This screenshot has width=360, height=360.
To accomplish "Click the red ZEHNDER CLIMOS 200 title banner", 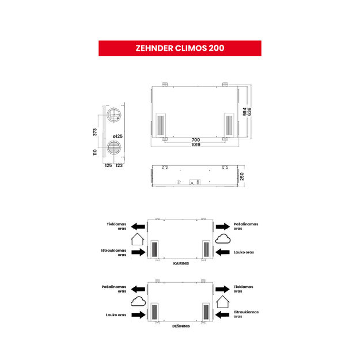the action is tap(180, 48).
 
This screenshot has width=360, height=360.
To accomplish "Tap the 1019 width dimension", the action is tap(196, 145).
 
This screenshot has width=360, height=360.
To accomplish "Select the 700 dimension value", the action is tap(196, 140).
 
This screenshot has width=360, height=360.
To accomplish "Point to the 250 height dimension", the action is tap(242, 177).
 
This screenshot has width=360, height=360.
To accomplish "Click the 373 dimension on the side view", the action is tap(95, 132).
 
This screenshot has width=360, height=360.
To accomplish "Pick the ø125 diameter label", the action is tap(118, 136).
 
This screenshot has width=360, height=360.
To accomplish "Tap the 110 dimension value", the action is tap(95, 153).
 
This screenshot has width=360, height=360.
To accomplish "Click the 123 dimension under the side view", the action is tap(119, 165).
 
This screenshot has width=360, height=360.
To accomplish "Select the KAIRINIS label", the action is tap(181, 263).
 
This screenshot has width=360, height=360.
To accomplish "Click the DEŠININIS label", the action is tap(181, 326).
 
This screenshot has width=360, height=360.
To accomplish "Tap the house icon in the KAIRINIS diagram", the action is tap(138, 239).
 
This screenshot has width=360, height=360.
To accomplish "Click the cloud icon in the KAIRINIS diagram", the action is tap(223, 239).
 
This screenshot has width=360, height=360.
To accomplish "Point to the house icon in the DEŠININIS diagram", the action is tap(223, 302).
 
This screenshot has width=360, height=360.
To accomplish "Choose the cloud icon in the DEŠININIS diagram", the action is tap(138, 301).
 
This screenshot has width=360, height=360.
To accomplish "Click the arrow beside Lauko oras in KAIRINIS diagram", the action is tap(222, 252).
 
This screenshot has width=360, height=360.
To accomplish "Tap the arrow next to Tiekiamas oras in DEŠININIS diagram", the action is tap(222, 289).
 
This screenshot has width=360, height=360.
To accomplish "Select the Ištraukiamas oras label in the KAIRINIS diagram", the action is tap(113, 252).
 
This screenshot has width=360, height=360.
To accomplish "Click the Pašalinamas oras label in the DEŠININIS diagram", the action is tap(114, 289).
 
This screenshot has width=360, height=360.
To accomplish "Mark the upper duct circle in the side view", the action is tap(114, 115).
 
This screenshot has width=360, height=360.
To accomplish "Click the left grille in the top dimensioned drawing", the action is tap(161, 125).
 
